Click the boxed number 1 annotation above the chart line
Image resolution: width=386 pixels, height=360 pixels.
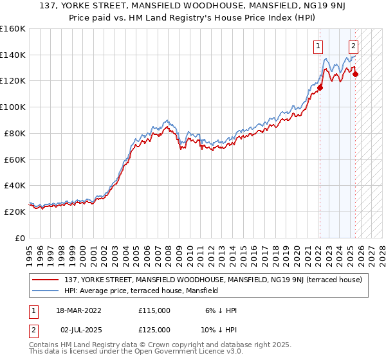(x=318, y=46)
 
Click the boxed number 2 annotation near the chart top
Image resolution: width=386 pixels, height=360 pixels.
(x=354, y=46)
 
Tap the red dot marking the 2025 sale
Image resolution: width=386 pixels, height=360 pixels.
(x=356, y=74)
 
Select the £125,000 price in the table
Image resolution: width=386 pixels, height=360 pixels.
(x=154, y=330)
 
